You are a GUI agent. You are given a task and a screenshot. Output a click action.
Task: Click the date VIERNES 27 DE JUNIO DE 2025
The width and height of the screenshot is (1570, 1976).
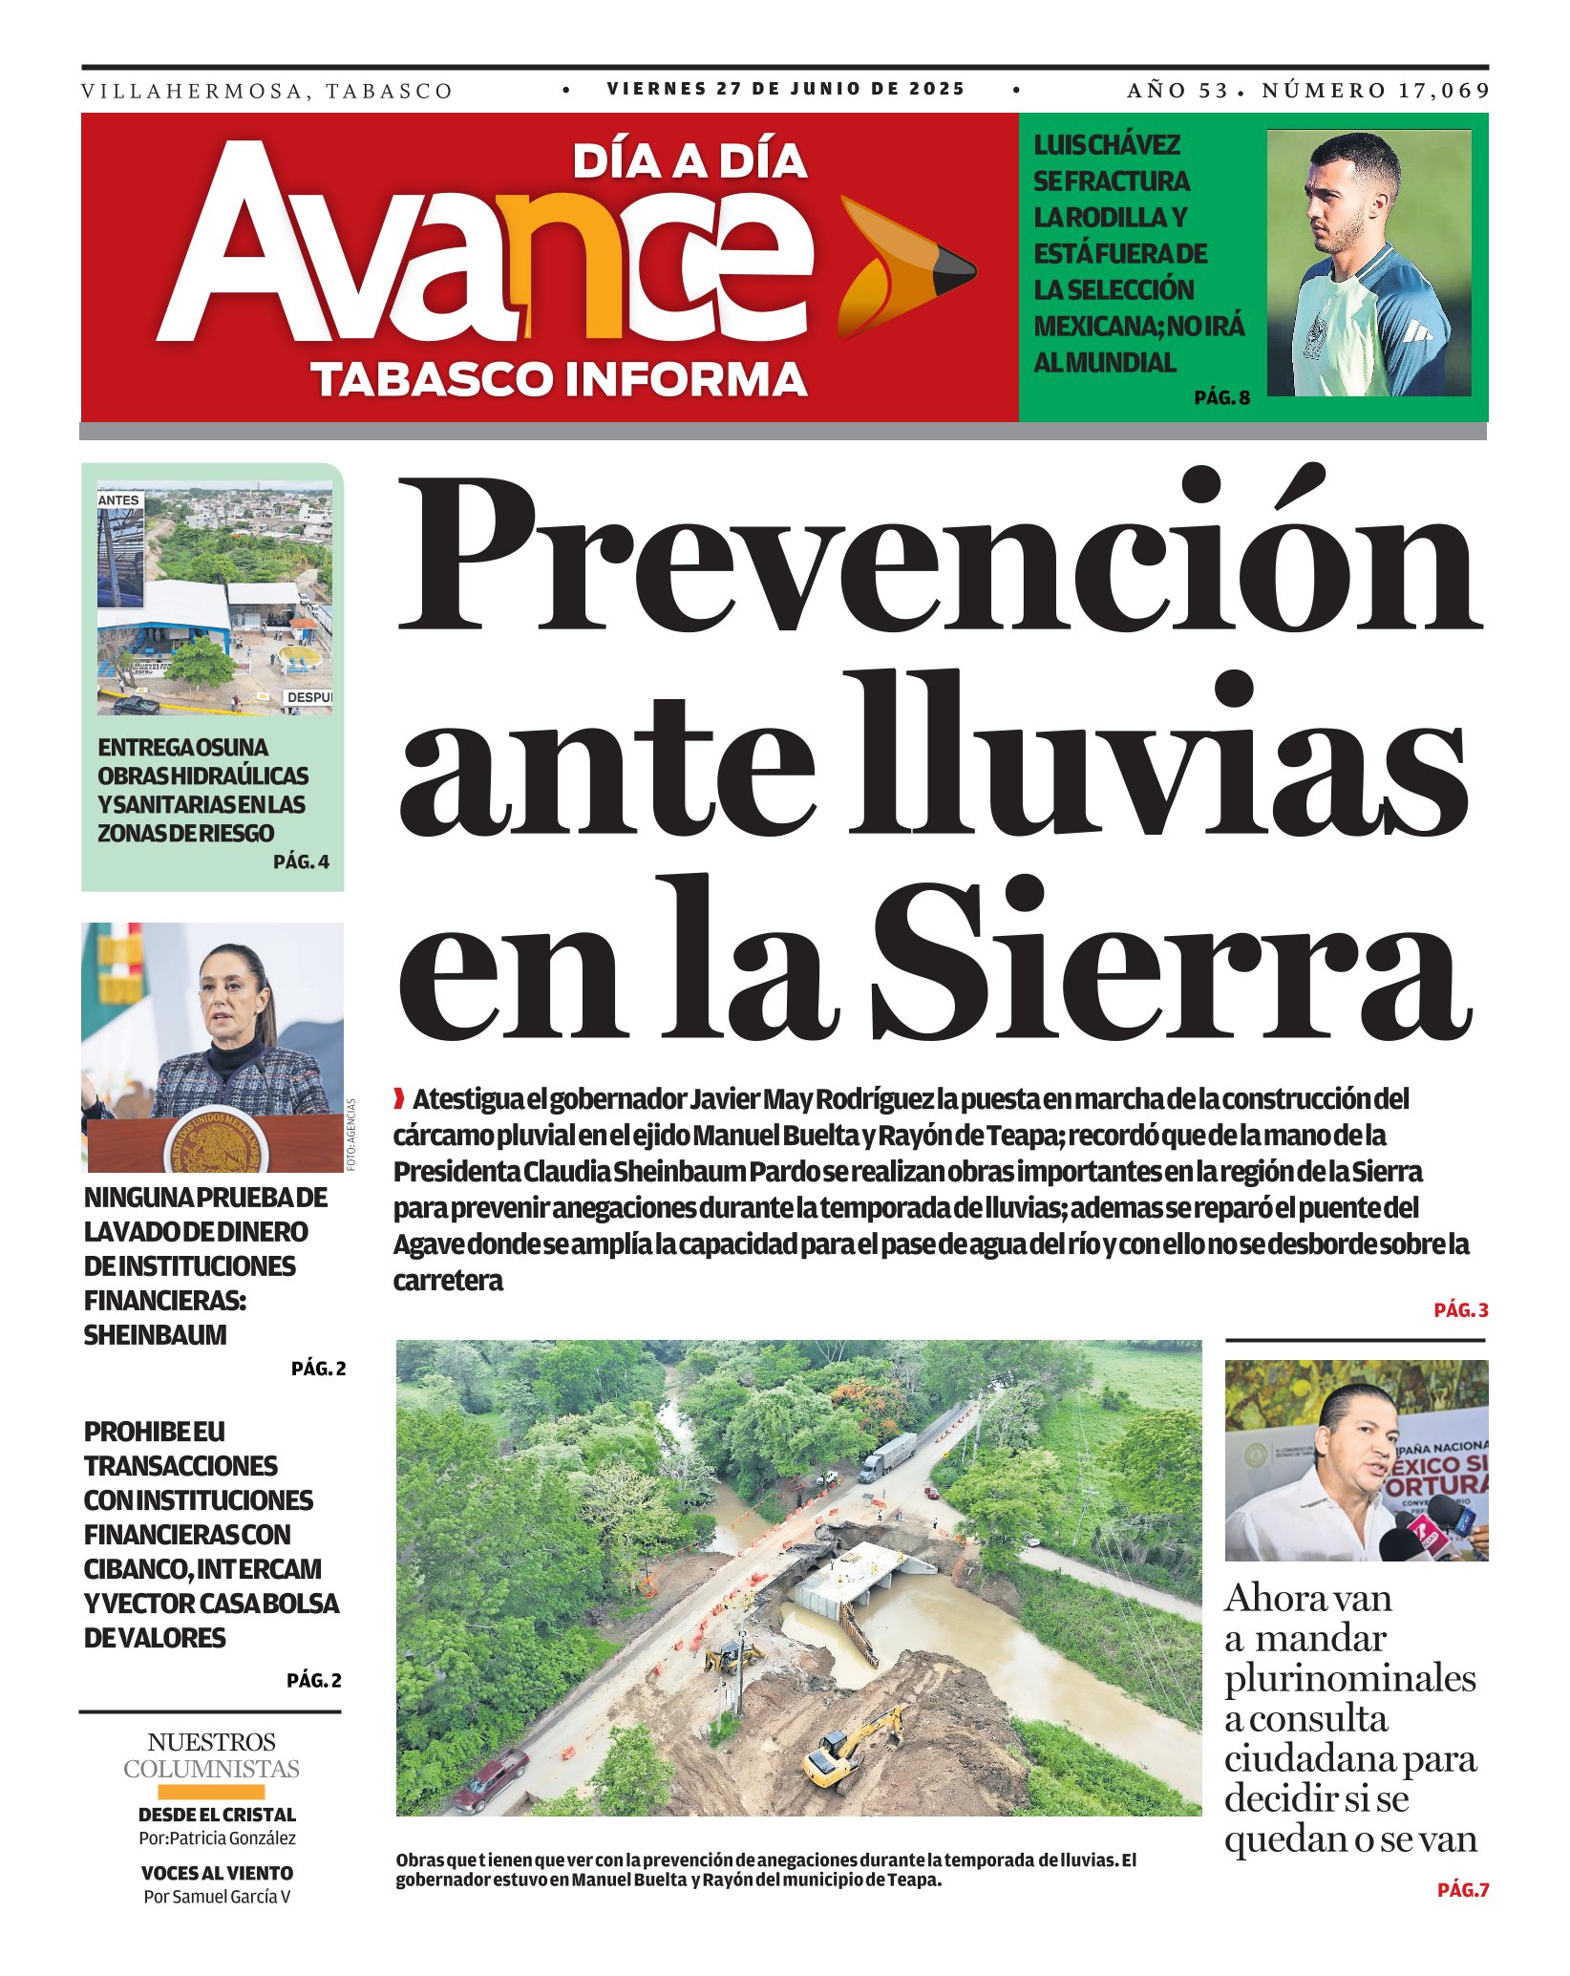pos(786,89)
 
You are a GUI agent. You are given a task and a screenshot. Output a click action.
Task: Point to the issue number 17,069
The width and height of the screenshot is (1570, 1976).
pos(1444,91)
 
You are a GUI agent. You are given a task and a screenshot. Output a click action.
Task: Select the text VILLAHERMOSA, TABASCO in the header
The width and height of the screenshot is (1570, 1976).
pos(266,92)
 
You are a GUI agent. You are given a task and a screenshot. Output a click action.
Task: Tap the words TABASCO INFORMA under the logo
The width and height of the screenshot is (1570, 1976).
pos(560,378)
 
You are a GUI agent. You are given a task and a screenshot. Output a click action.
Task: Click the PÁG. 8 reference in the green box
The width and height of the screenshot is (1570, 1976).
pos(1221,397)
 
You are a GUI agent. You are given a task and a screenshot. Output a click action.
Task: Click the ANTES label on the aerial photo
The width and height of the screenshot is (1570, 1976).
pos(119,499)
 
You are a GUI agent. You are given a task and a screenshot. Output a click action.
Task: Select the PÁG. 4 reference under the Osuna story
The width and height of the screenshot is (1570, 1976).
pos(301,861)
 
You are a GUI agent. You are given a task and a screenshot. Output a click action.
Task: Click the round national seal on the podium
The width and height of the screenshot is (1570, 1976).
pos(213,1144)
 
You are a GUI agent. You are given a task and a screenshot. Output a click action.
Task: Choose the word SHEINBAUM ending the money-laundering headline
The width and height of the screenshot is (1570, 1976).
pos(155,1334)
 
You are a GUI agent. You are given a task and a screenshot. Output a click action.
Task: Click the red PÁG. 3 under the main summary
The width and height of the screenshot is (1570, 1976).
pos(1460,1310)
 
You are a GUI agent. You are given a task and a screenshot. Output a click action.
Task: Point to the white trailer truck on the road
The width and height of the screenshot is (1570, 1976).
pos(887,1455)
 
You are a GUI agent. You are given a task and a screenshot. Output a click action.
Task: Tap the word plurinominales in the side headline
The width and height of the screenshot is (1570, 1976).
pos(1349,1678)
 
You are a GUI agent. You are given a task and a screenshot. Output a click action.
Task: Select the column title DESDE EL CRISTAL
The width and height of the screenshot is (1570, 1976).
pos(217,1815)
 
